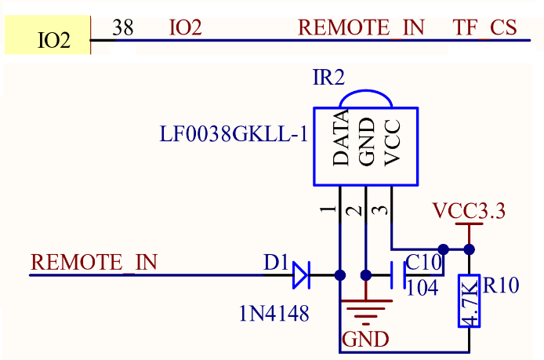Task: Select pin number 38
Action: click(123, 28)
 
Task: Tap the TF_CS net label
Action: click(485, 28)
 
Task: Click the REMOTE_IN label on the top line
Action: click(361, 28)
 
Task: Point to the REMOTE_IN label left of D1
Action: click(94, 262)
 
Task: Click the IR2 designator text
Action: click(328, 77)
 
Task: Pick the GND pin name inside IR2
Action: click(367, 142)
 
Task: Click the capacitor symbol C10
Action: click(397, 275)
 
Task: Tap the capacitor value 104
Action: click(423, 287)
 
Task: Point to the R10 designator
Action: click(501, 286)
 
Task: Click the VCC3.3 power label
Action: click(470, 211)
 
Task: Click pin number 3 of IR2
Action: click(379, 210)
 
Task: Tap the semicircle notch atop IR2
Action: click(366, 98)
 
